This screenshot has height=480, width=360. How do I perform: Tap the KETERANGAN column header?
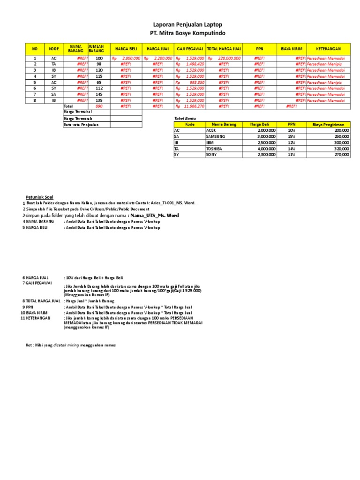328,48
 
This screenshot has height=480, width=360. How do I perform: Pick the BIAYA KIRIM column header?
292,48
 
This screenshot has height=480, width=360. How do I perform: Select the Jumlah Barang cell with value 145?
98,94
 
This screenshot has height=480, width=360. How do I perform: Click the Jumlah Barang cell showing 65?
98,82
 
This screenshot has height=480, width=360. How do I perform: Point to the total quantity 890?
98,106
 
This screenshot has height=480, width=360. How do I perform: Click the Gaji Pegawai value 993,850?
196,82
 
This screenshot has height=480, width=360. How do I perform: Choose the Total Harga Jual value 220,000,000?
227,58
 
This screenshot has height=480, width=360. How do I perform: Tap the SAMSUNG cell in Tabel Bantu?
216,136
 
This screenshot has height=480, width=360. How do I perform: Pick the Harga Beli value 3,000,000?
266,136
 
